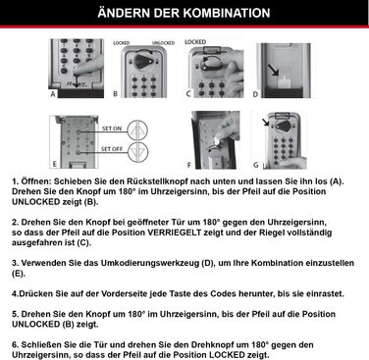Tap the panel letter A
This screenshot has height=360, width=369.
point(45,94)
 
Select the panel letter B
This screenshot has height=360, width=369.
point(115,95)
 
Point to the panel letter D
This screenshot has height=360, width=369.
point(255,95)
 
